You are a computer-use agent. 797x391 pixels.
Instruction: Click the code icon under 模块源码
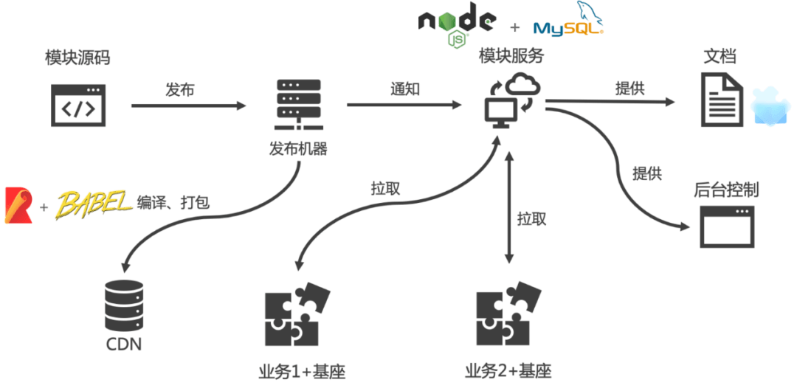pyautogui.click(x=78, y=105)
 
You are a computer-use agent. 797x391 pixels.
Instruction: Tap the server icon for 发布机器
pyautogui.click(x=298, y=105)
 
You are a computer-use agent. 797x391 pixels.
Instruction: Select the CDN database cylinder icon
pyautogui.click(x=124, y=305)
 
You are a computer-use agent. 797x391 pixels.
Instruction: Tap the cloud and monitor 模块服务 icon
pyautogui.click(x=511, y=101)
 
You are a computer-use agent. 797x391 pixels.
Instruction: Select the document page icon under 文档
pyautogui.click(x=722, y=100)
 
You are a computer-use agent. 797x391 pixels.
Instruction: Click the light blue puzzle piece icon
pyautogui.click(x=770, y=107)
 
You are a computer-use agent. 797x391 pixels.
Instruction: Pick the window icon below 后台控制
pyautogui.click(x=727, y=226)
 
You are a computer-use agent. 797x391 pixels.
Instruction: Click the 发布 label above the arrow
pyautogui.click(x=180, y=91)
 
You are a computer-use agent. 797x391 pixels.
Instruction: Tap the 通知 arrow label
pyautogui.click(x=405, y=89)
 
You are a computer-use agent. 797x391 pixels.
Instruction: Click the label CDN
pyautogui.click(x=124, y=345)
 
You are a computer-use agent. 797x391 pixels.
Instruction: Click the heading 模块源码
pyautogui.click(x=77, y=58)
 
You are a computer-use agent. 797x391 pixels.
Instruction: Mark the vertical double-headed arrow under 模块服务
pyautogui.click(x=508, y=208)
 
